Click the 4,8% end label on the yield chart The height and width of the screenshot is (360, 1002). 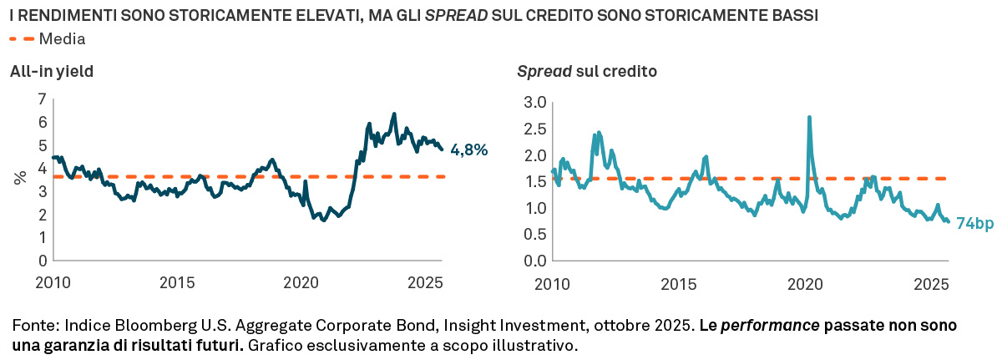(468, 150)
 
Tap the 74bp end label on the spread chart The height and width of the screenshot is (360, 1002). (974, 223)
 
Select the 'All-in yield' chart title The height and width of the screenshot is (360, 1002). (51, 72)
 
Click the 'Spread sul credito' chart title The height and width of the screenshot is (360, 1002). (587, 72)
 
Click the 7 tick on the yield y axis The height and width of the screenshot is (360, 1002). (42, 99)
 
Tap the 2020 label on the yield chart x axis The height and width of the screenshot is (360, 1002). (302, 284)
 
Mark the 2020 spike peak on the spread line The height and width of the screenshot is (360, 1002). (809, 118)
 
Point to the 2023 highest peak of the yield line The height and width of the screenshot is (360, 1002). (394, 114)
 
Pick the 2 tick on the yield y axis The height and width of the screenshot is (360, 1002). (42, 215)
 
